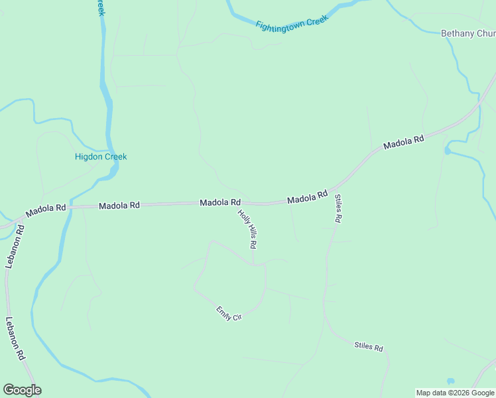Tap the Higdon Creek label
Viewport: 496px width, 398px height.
[100, 157]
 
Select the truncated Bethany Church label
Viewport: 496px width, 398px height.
[468, 34]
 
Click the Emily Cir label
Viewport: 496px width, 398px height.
[229, 314]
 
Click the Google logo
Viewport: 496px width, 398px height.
[22, 390]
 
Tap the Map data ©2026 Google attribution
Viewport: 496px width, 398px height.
[455, 393]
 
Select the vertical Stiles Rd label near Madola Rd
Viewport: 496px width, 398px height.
[338, 208]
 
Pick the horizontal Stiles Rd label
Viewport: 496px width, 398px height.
[369, 347]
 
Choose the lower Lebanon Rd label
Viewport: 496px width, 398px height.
[15, 338]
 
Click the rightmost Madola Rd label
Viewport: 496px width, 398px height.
[403, 143]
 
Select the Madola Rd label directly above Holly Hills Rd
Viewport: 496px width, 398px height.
[220, 202]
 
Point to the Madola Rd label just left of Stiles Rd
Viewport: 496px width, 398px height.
[308, 197]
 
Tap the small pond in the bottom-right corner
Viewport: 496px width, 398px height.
[451, 381]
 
